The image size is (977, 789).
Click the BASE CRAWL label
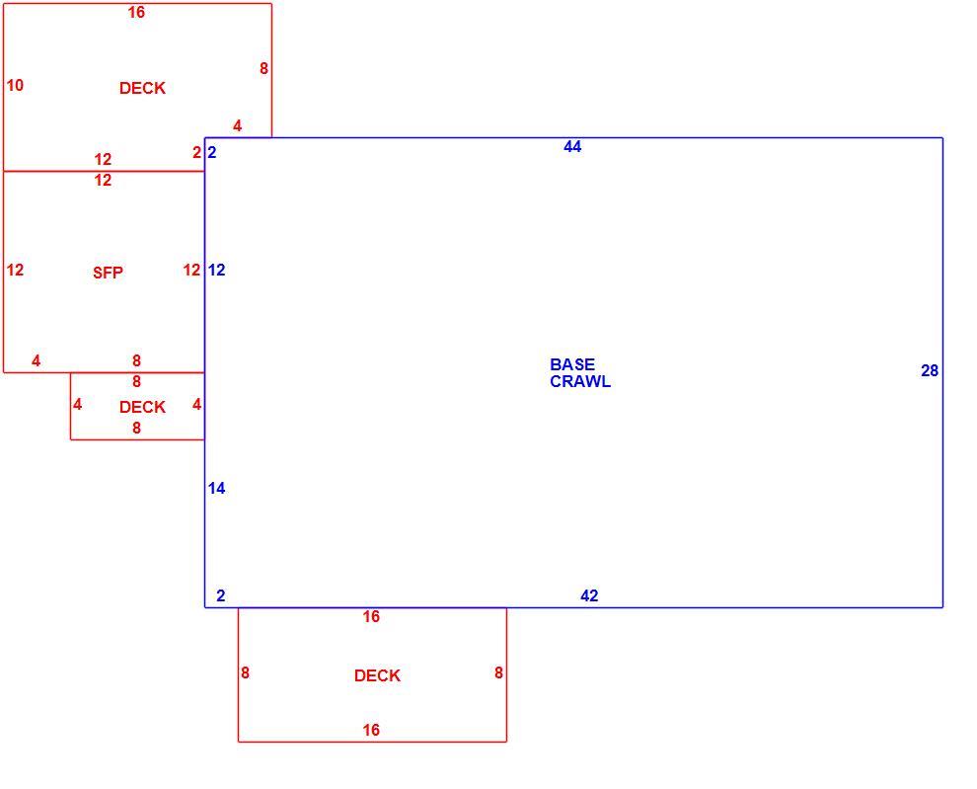580,373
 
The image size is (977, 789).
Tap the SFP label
108,273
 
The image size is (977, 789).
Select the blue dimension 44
572,146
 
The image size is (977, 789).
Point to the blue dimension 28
930,371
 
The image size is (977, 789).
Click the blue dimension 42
589,595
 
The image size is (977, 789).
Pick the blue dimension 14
217,489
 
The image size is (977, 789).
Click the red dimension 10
15,86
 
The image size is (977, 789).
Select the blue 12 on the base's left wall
217,270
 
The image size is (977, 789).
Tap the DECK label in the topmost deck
143,88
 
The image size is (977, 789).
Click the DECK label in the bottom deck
378,675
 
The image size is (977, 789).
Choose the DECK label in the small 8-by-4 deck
143,407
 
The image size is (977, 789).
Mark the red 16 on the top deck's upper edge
136,13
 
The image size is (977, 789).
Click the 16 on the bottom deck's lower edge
371,730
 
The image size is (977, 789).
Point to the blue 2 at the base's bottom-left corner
221,595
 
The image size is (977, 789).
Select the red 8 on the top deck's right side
264,68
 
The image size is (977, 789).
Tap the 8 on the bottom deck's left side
246,673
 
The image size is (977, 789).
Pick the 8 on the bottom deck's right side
498,673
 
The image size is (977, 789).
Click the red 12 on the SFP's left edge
15,270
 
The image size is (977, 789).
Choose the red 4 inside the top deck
238,126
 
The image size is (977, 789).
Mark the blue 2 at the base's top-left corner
212,152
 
